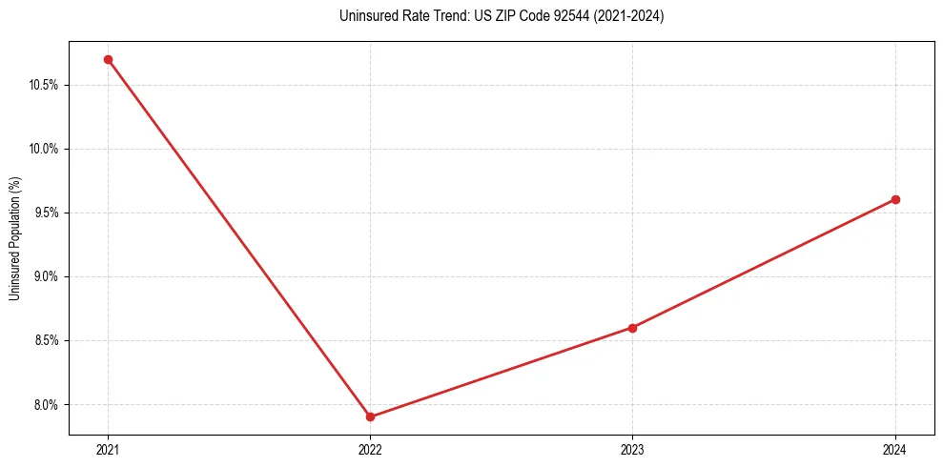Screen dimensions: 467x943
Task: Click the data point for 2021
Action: (108, 59)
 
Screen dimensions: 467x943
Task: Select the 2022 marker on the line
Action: (370, 416)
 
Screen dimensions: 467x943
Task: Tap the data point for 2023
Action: (632, 328)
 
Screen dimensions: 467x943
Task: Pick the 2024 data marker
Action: (895, 199)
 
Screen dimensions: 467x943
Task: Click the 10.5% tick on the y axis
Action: (44, 85)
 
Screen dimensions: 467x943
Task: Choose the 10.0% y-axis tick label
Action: (44, 149)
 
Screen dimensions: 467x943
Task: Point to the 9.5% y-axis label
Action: (46, 213)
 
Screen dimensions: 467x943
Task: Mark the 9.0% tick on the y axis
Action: (46, 276)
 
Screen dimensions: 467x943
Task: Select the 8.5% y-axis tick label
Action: (46, 340)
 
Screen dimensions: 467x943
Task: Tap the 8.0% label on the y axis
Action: (46, 404)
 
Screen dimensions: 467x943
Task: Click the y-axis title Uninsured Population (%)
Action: (15, 237)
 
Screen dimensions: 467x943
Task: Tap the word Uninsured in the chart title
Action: (363, 16)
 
